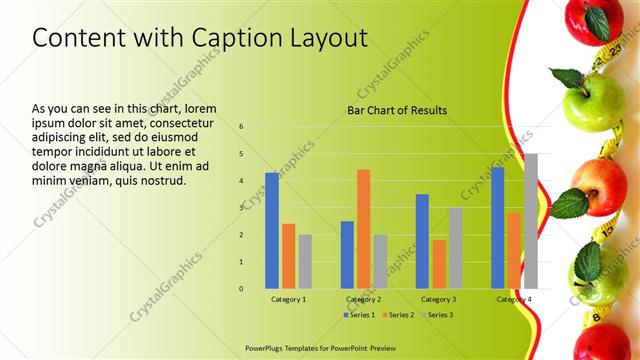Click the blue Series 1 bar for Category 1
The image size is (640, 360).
(272, 231)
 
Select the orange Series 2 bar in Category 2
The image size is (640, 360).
(363, 229)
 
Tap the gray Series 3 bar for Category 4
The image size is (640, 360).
(530, 221)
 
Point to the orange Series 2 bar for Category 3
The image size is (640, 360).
(439, 264)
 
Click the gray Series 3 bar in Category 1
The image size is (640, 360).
(305, 262)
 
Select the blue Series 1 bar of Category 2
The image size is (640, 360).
(347, 255)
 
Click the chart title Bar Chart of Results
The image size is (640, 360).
(397, 110)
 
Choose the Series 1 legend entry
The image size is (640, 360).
(361, 315)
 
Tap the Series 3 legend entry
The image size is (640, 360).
(437, 315)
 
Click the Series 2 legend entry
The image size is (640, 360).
(399, 315)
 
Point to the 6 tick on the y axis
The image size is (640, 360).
(241, 127)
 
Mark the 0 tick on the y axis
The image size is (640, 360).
(241, 289)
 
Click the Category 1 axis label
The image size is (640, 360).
(289, 299)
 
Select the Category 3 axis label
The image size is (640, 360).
(439, 299)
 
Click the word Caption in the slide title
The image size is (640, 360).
(224, 38)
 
